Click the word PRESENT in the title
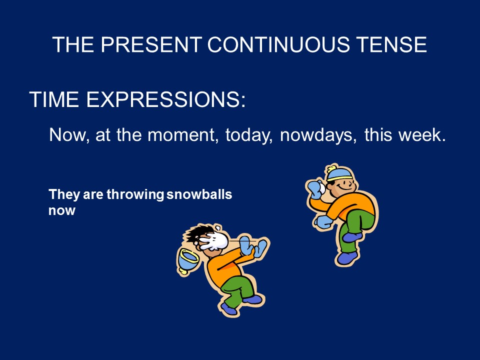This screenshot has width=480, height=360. click(151, 44)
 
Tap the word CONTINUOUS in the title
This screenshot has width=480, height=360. click(278, 44)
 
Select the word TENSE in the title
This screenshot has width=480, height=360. click(391, 44)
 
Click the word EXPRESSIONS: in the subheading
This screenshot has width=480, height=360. click(166, 99)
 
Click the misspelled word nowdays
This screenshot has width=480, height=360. click(318, 135)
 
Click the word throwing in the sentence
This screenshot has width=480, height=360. click(135, 194)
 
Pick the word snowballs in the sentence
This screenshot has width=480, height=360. click(199, 194)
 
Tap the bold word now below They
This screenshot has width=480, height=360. click(62, 211)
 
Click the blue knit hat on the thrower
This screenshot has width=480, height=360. click(339, 173)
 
